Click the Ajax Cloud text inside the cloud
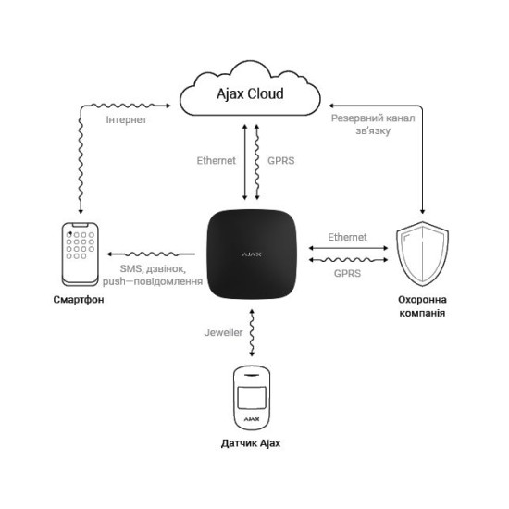click(x=250, y=94)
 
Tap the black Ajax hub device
click(x=252, y=254)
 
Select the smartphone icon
click(x=81, y=254)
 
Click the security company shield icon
click(x=422, y=254)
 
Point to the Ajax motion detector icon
click(x=252, y=398)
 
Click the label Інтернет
click(x=126, y=119)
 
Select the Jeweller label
click(x=223, y=332)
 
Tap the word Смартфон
click(x=79, y=299)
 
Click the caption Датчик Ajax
click(x=250, y=443)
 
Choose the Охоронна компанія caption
click(x=422, y=306)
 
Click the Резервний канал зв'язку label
click(x=373, y=124)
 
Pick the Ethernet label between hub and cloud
click(x=217, y=161)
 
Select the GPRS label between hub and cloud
click(x=281, y=161)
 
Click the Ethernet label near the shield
click(x=347, y=237)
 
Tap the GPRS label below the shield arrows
click(x=347, y=273)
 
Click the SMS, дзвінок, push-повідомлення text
click(x=153, y=275)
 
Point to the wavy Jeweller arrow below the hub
click(x=252, y=333)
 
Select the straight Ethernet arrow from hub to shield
click(x=348, y=248)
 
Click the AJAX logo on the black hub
click(x=252, y=254)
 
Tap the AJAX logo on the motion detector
click(x=252, y=419)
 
